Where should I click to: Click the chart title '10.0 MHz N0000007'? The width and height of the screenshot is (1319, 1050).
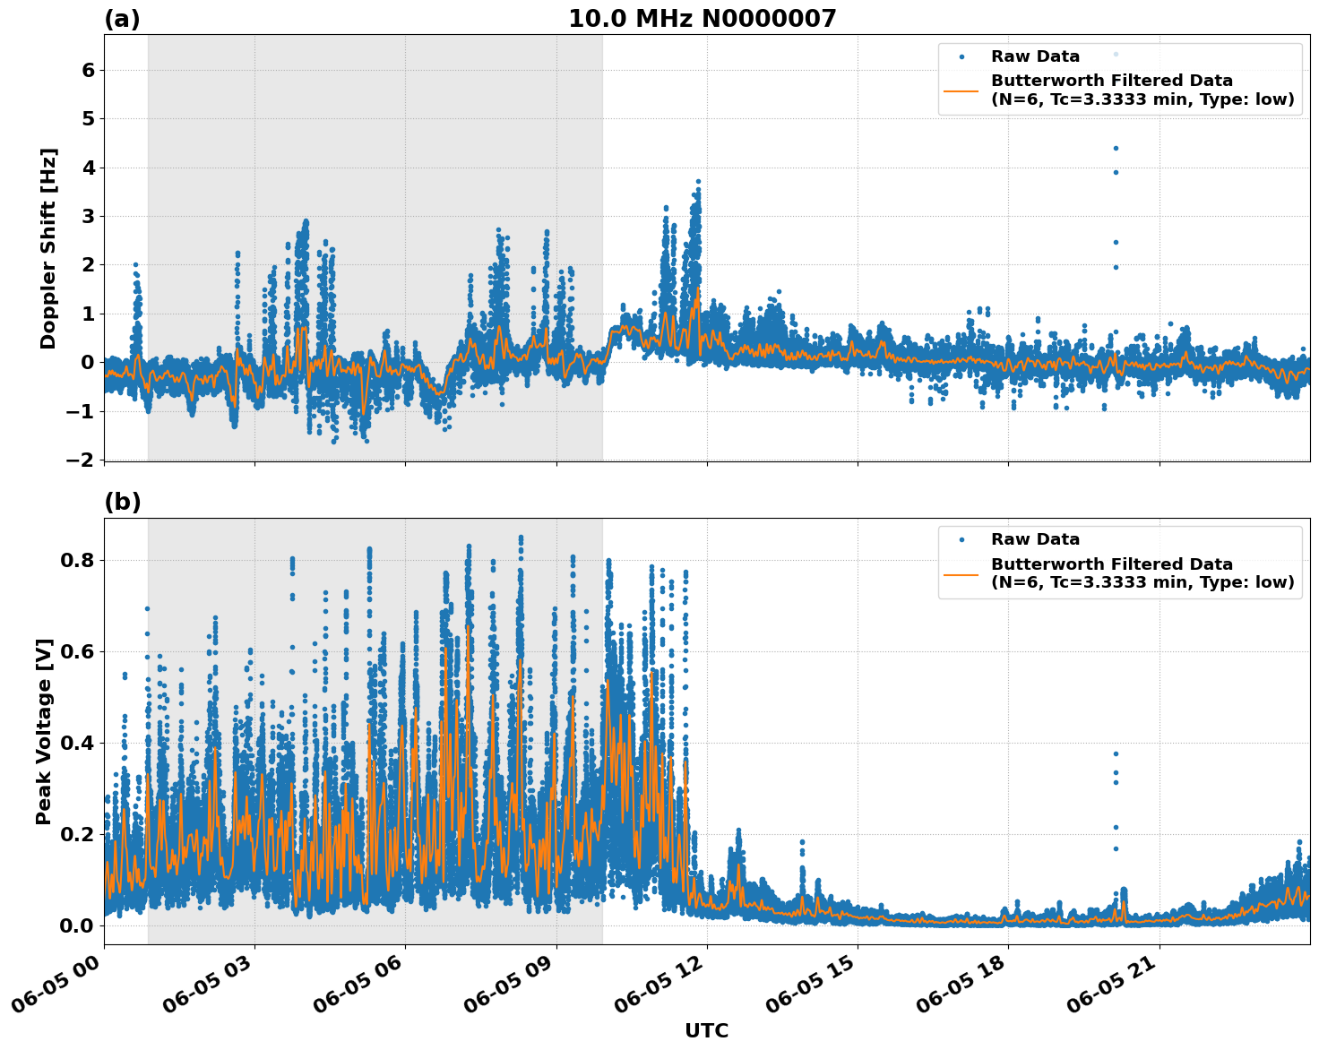pyautogui.click(x=702, y=19)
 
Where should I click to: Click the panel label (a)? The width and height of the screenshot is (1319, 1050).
pyautogui.click(x=122, y=19)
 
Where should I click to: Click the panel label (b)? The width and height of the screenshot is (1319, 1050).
pyautogui.click(x=123, y=502)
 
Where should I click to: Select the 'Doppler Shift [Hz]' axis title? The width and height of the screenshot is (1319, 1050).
pyautogui.click(x=48, y=248)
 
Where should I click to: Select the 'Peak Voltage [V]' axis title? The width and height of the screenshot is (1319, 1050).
pyautogui.click(x=44, y=731)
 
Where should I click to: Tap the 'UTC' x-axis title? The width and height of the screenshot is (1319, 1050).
pyautogui.click(x=706, y=1030)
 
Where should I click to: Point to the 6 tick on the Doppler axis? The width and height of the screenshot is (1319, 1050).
pyautogui.click(x=88, y=70)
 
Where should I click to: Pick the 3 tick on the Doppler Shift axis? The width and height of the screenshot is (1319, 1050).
pyautogui.click(x=88, y=216)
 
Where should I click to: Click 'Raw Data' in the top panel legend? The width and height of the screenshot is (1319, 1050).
pyautogui.click(x=1035, y=56)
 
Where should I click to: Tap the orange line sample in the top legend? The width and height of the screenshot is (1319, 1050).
pyautogui.click(x=961, y=90)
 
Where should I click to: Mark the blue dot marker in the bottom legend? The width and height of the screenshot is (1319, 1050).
pyautogui.click(x=961, y=539)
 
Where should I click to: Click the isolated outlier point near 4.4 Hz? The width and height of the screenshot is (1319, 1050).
pyautogui.click(x=1116, y=148)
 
